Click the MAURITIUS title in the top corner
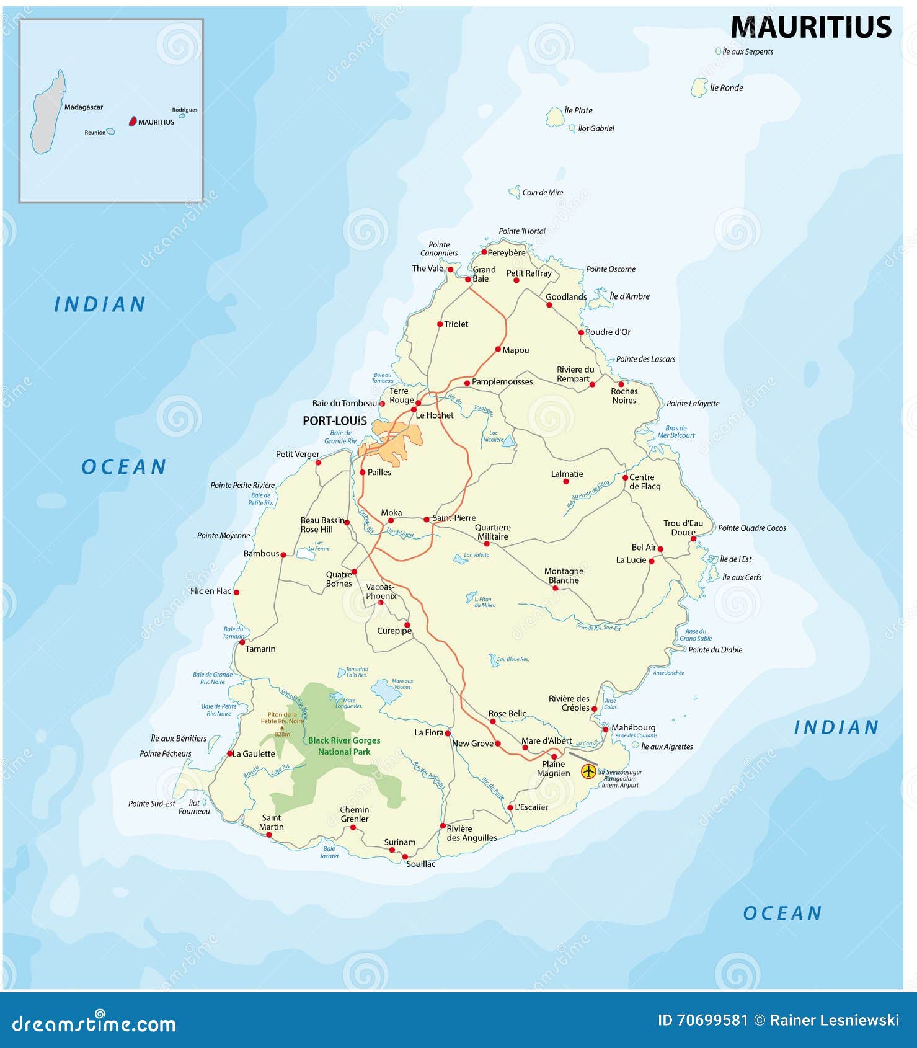tap(810, 28)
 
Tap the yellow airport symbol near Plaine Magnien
tap(588, 771)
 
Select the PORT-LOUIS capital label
tap(335, 421)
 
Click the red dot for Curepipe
tap(407, 625)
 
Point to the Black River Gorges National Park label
tap(344, 746)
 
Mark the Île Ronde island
tap(699, 88)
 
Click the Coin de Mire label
tap(543, 193)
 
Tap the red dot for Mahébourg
tap(605, 729)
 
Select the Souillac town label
tap(421, 864)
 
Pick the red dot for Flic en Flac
tap(236, 592)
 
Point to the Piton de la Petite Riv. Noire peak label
tap(282, 718)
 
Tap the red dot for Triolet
tap(440, 324)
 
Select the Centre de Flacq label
tap(645, 482)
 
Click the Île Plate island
tap(554, 117)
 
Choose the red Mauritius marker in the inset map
tap(132, 122)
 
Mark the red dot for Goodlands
tap(549, 305)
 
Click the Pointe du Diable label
tap(715, 650)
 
